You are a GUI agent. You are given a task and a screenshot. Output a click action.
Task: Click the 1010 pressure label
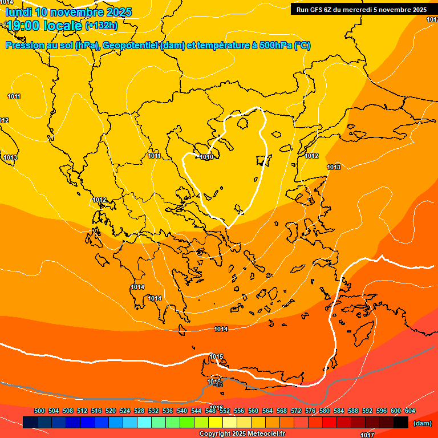click(206, 157)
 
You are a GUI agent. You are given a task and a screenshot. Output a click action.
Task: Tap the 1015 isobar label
click(216, 357)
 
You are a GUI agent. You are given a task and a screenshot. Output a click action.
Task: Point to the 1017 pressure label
click(367, 435)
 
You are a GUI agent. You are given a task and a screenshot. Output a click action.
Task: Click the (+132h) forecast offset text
click(102, 25)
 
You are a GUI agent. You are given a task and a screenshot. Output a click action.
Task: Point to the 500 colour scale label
click(39, 411)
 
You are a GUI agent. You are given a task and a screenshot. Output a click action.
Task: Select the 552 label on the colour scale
click(225, 411)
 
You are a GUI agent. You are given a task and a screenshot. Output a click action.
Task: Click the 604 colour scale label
click(410, 411)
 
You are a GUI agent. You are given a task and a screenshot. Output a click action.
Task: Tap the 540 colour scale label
click(182, 411)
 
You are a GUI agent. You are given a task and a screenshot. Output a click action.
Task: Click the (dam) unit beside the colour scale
click(422, 423)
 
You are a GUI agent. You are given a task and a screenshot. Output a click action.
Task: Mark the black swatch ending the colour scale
click(400, 423)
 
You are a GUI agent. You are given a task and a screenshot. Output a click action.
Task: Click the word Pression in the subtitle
click(25, 46)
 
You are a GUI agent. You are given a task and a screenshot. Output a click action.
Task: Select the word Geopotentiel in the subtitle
click(131, 46)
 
